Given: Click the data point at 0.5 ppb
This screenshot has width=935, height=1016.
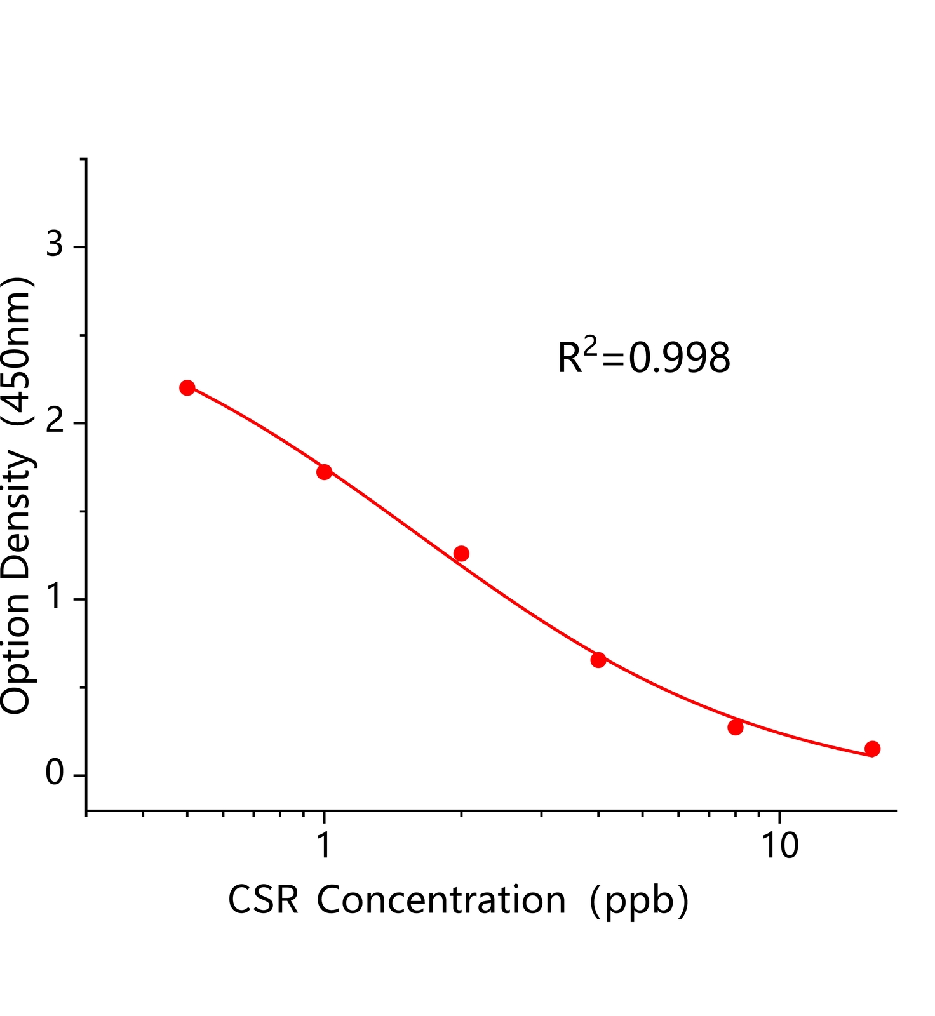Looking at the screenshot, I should pyautogui.click(x=187, y=387).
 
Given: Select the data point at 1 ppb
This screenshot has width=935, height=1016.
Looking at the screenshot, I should pyautogui.click(x=324, y=472).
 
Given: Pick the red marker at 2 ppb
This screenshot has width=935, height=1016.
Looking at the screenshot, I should pyautogui.click(x=461, y=553).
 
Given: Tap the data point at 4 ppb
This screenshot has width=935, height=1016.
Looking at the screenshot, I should pyautogui.click(x=598, y=660).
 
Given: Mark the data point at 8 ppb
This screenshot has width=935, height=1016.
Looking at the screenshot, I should pyautogui.click(x=736, y=727).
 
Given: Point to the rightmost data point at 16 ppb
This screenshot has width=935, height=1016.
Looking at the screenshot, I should pyautogui.click(x=873, y=749).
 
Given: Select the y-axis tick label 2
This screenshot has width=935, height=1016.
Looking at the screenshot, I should pyautogui.click(x=55, y=421).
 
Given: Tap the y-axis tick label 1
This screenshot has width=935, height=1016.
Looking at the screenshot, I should pyautogui.click(x=55, y=597).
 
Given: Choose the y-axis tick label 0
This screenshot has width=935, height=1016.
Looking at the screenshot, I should pyautogui.click(x=55, y=773).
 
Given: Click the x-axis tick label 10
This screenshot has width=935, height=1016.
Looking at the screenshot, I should pyautogui.click(x=779, y=846).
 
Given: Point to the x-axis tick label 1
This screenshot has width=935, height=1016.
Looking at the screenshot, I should pyautogui.click(x=324, y=846).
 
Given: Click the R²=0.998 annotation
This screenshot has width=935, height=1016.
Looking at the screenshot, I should pyautogui.click(x=643, y=357).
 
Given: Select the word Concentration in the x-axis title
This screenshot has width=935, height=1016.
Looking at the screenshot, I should pyautogui.click(x=441, y=900).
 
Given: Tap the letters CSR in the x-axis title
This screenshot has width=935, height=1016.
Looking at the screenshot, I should pyautogui.click(x=263, y=900).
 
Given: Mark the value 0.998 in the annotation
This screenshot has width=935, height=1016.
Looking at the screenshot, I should pyautogui.click(x=679, y=358).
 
